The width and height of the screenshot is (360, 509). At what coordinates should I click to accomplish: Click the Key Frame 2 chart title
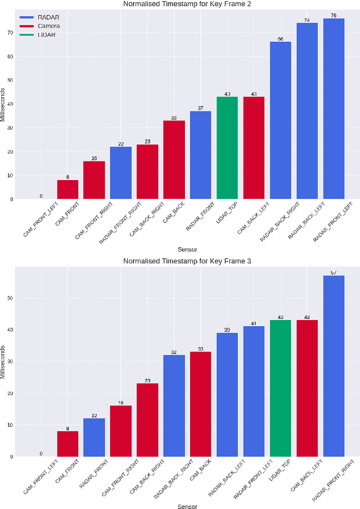(187, 4)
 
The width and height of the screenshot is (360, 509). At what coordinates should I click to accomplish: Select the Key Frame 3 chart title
(187, 262)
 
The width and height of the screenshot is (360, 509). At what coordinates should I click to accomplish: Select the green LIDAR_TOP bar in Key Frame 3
(281, 388)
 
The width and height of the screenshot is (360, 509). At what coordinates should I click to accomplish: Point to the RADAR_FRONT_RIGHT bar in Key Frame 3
(334, 366)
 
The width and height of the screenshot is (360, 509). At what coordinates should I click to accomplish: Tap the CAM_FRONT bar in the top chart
(67, 190)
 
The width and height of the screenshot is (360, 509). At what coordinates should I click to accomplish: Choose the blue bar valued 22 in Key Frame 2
(121, 173)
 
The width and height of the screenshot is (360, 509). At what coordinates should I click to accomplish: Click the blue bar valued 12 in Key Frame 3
(94, 438)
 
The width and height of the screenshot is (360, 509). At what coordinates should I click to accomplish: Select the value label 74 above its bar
(307, 20)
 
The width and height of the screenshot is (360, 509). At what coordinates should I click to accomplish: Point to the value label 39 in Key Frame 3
(227, 330)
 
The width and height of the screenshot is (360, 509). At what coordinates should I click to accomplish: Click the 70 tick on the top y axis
(10, 33)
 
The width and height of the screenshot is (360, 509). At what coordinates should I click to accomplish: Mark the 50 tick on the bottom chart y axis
(10, 298)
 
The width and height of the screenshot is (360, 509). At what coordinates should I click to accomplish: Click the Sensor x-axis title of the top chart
(187, 249)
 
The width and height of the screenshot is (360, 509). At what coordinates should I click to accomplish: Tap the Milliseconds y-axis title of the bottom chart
(3, 360)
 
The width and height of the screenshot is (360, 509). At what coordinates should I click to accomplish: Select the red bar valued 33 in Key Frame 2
(174, 160)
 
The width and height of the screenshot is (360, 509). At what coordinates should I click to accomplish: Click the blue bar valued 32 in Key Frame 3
(174, 406)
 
